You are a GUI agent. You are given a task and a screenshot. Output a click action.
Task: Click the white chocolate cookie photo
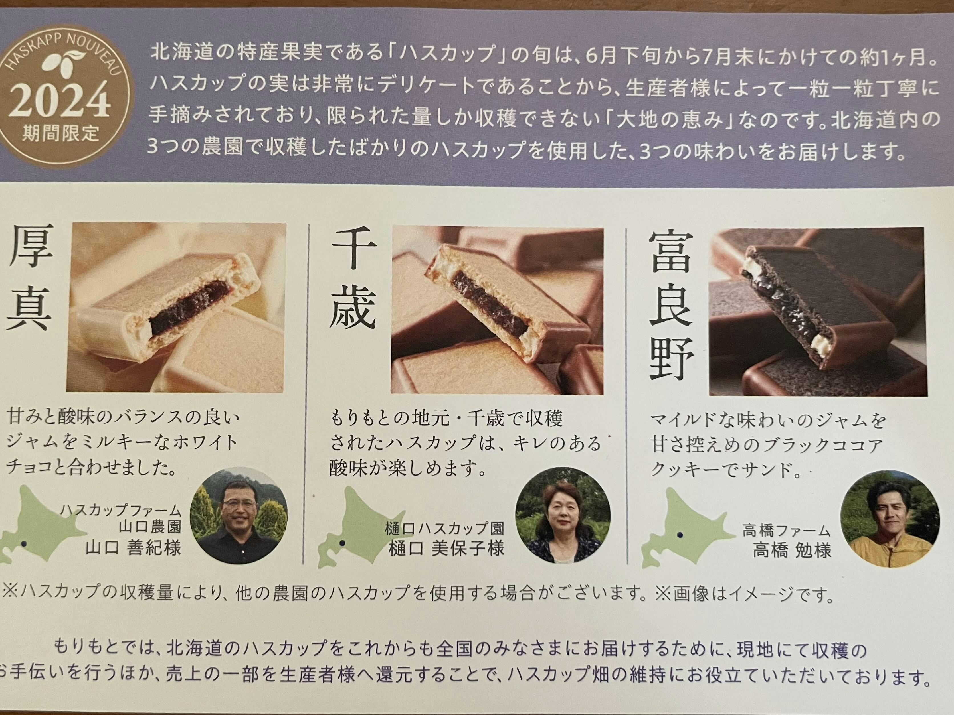click(176, 307)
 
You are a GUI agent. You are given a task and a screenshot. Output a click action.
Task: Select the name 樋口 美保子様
click(446, 548)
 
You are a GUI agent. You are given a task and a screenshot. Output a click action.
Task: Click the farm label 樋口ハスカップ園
click(444, 528)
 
